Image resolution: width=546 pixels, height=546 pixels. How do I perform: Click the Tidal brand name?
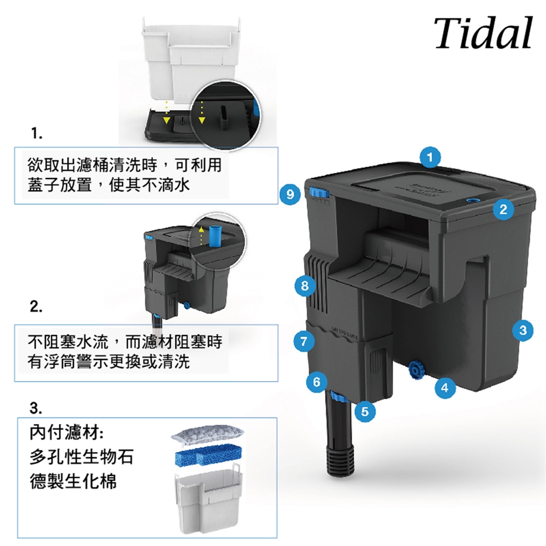pos(483,33)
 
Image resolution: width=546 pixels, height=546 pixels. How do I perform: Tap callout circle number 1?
pos(430,157)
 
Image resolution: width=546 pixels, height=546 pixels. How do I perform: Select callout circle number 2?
pos(503,209)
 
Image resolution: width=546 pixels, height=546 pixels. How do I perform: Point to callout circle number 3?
pos(523,330)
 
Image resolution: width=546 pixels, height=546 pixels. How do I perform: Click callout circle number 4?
pos(445,387)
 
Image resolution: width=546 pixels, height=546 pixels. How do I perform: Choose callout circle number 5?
pos(365,412)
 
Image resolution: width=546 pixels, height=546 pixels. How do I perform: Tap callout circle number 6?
pos(317,382)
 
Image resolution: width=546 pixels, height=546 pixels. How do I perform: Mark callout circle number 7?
pos(304,341)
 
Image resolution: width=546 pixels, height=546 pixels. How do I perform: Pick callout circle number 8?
pos(305,286)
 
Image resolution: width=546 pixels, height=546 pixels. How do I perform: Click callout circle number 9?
pos(290,194)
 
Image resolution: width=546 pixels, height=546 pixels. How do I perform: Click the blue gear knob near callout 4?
pos(415,370)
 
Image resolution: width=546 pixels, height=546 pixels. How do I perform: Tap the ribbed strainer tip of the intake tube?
pos(340,460)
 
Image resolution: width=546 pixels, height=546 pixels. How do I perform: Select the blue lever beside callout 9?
pos(318,193)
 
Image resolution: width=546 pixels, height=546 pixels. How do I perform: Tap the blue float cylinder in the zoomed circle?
pos(216,235)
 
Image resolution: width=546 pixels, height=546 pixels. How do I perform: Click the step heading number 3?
pos(36,408)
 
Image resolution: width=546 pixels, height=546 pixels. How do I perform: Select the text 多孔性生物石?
pos(81,457)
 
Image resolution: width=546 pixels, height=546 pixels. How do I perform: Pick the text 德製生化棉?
pos(73,481)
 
